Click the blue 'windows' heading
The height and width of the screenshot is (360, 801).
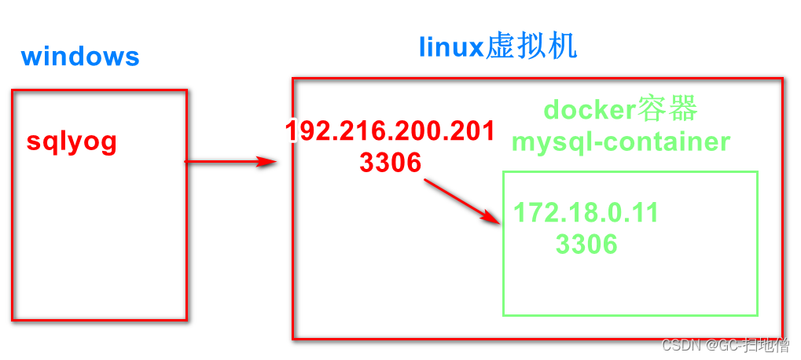[x=80, y=57]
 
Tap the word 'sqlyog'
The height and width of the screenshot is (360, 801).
[x=72, y=141]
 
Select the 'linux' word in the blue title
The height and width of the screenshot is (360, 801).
[x=450, y=48]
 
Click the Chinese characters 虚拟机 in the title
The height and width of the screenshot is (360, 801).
[x=532, y=46]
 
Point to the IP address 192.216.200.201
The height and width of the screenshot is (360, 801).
[x=390, y=130]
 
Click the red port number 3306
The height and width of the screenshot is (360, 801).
[x=390, y=162]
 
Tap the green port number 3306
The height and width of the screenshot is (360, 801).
[x=586, y=244]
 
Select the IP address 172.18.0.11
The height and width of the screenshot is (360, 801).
[x=586, y=212]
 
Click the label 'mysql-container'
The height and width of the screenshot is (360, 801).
[x=620, y=141]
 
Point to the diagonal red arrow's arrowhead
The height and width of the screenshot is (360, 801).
[x=495, y=221]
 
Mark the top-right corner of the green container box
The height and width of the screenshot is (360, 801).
[x=757, y=172]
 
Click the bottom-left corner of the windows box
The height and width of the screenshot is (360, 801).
[x=13, y=319]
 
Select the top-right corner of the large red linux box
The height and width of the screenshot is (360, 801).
[x=783, y=79]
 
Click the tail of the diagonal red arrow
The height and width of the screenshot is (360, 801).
[x=425, y=181]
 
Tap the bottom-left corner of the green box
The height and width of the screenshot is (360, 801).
[x=504, y=315]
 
